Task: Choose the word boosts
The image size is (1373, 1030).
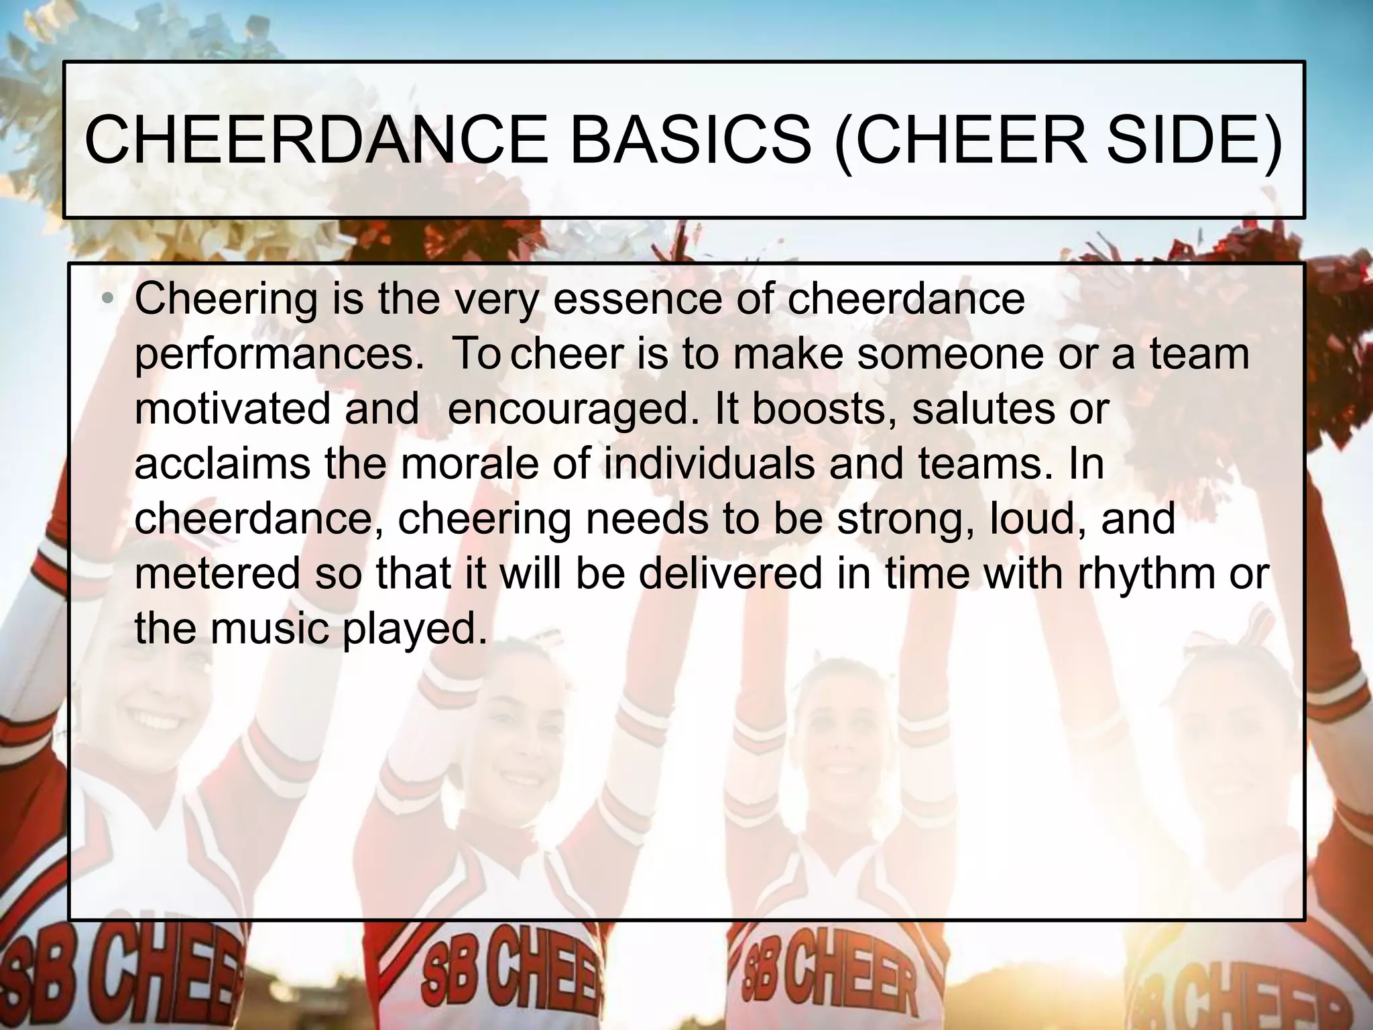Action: point(824,408)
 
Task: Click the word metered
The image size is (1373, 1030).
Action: point(218,573)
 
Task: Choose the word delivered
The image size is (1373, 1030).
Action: point(730,573)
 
